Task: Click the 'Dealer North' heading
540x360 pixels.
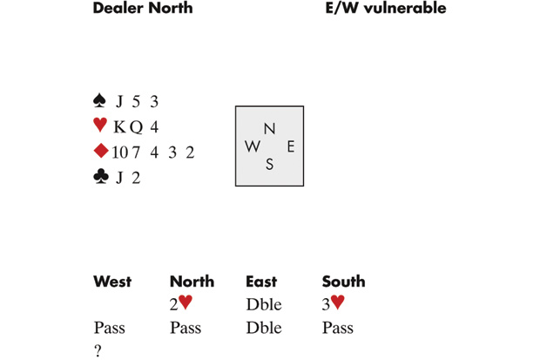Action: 143,9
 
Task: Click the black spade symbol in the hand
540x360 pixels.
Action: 99,102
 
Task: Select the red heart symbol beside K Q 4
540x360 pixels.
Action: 100,126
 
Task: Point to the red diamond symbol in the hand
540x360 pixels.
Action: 100,152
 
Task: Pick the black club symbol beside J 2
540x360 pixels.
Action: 100,177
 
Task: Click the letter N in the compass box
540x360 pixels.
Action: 269,128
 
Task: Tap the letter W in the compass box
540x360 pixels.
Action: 253,146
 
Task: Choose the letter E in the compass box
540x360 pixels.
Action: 290,146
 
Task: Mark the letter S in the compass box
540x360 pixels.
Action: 269,165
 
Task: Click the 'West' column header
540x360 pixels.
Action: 112,282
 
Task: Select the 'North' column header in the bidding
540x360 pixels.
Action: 192,282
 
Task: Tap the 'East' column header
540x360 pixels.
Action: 261,282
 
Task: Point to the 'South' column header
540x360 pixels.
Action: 343,282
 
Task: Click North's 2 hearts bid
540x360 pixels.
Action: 180,303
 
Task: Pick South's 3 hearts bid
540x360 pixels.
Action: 333,303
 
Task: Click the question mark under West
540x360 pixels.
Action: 98,351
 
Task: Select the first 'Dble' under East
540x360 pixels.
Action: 263,304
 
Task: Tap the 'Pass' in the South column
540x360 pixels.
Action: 337,329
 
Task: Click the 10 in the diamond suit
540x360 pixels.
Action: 119,153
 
